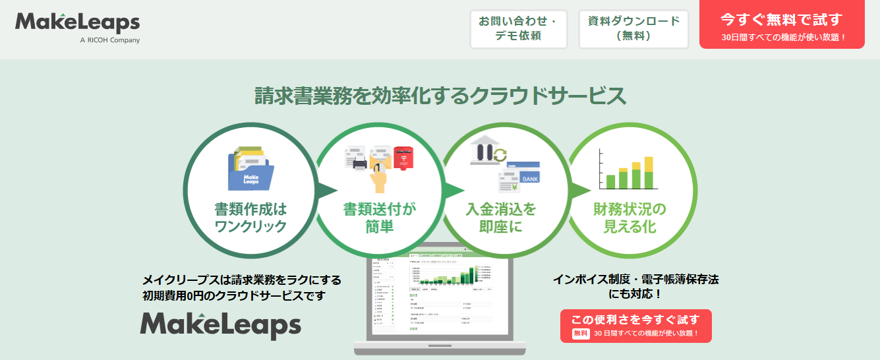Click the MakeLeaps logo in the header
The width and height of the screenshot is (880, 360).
[x=77, y=24]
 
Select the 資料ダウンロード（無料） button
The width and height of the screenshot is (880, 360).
[x=633, y=29]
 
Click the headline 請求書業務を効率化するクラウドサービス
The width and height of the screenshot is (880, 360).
[x=440, y=96]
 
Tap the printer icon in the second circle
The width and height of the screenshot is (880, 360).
[x=360, y=161]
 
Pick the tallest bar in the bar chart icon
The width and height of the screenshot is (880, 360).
[x=649, y=173]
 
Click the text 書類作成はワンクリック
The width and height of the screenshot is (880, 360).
[x=250, y=218]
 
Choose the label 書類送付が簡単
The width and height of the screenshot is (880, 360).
[x=380, y=218]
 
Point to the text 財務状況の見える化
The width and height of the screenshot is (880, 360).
[x=630, y=218]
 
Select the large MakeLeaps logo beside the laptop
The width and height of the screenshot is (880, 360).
[x=220, y=324]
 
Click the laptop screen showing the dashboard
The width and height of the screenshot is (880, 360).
[x=440, y=293]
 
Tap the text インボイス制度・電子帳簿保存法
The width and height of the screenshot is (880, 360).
[x=635, y=280]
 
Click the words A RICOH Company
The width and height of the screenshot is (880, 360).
[x=109, y=40]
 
